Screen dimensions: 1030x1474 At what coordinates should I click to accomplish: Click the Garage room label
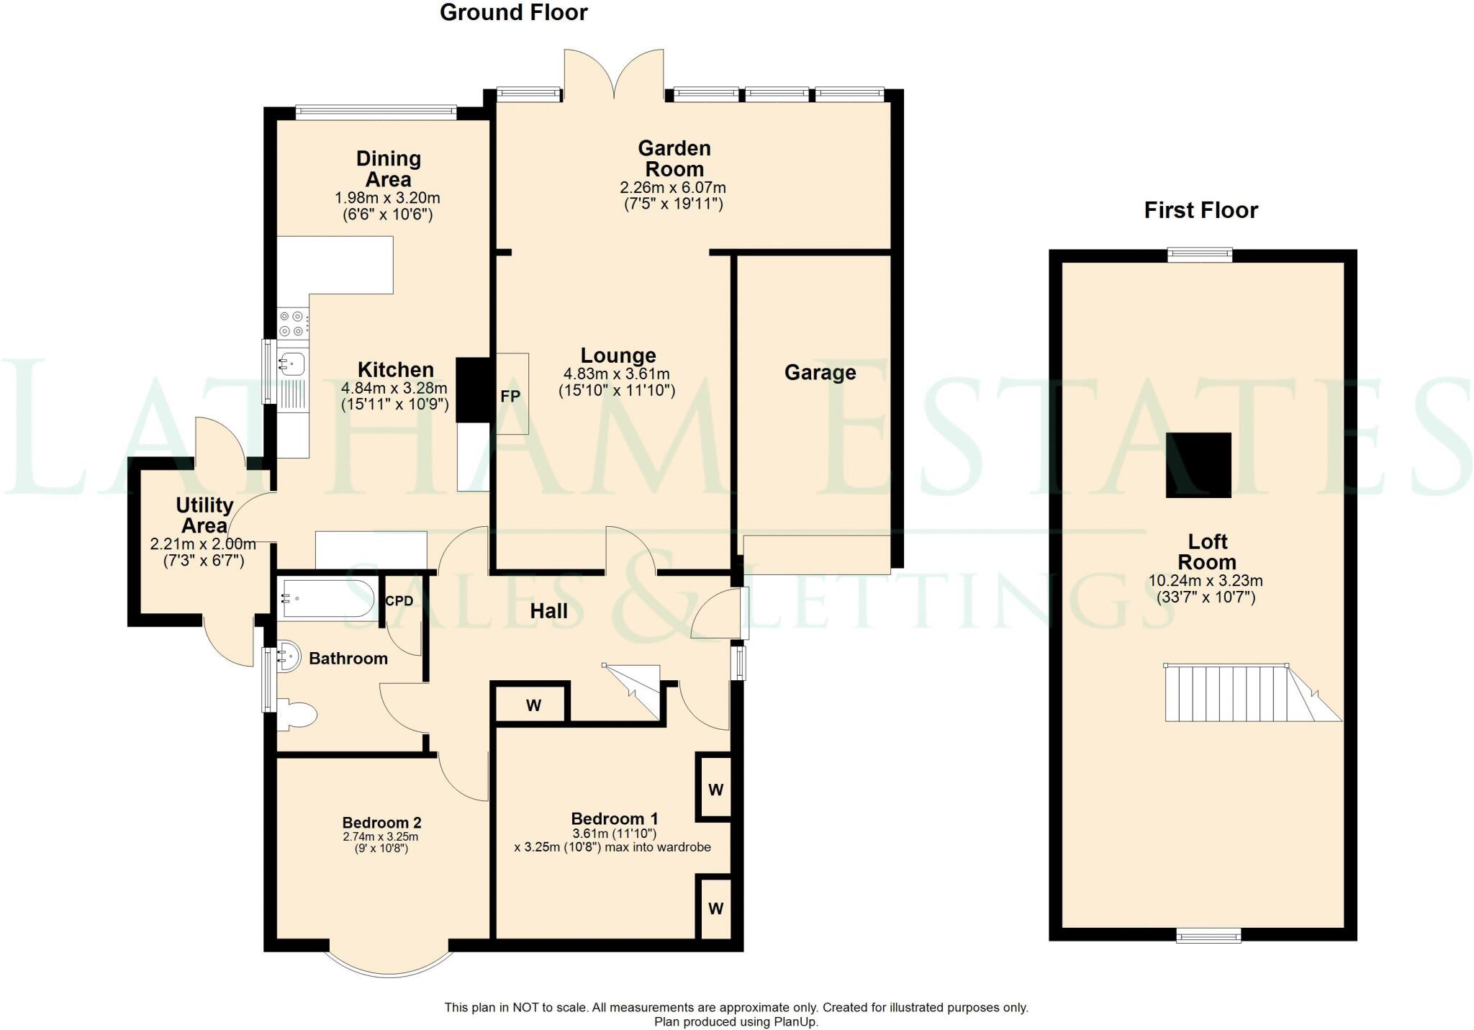click(820, 372)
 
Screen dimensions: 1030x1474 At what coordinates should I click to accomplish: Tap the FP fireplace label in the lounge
click(510, 397)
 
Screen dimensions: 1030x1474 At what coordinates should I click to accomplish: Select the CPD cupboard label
click(399, 600)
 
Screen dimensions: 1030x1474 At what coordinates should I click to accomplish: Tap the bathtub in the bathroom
click(327, 599)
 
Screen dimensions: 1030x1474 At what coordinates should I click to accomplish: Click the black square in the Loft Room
click(1198, 465)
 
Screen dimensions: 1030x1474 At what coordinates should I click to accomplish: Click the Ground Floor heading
click(513, 12)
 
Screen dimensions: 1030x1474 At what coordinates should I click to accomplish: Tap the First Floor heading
click(1201, 210)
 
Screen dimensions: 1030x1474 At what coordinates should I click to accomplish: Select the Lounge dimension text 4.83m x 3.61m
click(616, 374)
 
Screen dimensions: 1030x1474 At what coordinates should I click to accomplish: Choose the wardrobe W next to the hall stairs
click(533, 705)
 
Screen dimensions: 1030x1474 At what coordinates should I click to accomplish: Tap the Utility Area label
click(204, 515)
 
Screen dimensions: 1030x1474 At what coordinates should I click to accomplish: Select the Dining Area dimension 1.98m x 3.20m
click(387, 197)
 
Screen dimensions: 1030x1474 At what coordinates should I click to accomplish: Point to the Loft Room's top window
click(1200, 255)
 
